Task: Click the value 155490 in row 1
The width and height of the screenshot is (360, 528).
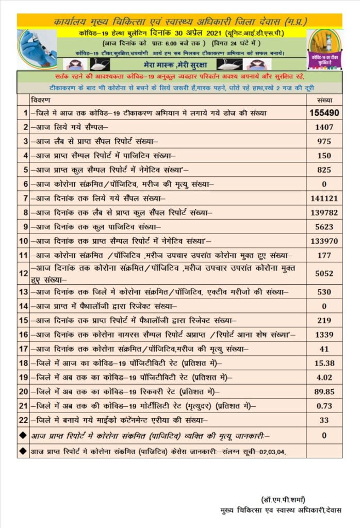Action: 324,112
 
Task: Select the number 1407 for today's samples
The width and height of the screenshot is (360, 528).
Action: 324,127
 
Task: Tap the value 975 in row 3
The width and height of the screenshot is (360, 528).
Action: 324,141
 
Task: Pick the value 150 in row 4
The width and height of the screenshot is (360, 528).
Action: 324,155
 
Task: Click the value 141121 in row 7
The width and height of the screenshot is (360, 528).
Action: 324,198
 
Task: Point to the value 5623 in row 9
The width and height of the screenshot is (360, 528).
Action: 324,226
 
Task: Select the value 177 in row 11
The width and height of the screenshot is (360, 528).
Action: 324,255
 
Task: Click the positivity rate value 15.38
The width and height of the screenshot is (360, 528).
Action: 324,363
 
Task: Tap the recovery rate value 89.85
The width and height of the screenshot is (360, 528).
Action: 324,391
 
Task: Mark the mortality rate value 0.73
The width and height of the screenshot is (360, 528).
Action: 324,406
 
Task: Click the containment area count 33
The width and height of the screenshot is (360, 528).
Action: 324,420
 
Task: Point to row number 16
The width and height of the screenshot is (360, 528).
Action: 23,335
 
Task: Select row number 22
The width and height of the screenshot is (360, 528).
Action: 23,420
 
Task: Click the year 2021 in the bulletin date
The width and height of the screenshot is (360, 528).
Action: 195,33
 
